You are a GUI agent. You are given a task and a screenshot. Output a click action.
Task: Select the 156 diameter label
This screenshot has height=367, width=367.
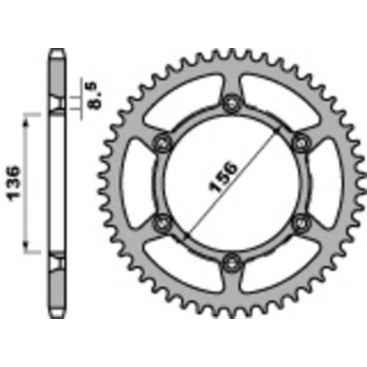[227, 178]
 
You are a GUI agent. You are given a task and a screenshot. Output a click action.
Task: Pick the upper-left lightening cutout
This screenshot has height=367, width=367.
[189, 103]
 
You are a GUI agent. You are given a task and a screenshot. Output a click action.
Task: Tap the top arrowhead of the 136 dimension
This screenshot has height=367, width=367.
[30, 116]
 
